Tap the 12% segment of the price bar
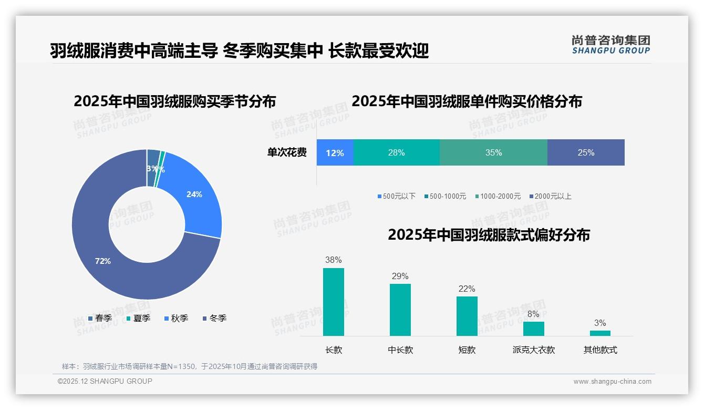pos(335,152)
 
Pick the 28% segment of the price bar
pos(396,152)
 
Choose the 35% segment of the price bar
pos(493,152)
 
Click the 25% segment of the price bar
pos(586,152)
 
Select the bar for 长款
pos(334,302)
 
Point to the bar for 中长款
pos(400,310)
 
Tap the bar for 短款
pos(467,316)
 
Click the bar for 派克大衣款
pos(533,329)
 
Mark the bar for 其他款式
pos(600,333)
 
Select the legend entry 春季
pos(100,318)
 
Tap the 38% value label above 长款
pos(334,260)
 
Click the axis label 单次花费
pos(287,152)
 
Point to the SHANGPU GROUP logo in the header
pos(611,45)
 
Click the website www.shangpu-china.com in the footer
pos(612,382)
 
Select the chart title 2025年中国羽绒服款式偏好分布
pos(489,234)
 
